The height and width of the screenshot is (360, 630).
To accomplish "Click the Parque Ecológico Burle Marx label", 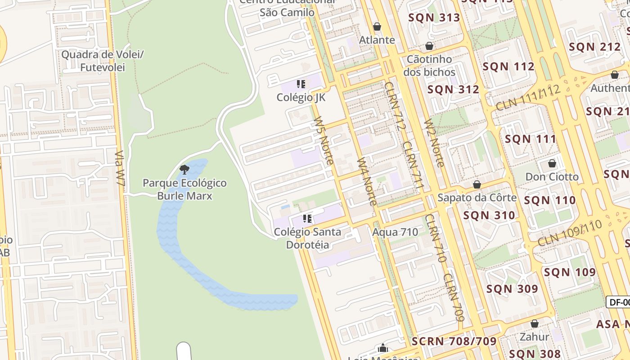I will tap(184, 189).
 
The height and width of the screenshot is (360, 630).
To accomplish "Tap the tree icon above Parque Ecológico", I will tap(184, 170).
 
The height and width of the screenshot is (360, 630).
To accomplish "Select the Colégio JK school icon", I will tap(301, 84).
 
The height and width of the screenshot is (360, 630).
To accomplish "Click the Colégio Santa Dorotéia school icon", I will tap(307, 219).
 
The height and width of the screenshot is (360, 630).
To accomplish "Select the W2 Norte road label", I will tap(434, 143).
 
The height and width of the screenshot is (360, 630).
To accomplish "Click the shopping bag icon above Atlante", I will tap(377, 27).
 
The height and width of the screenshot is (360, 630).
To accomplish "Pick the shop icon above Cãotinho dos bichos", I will tap(429, 46).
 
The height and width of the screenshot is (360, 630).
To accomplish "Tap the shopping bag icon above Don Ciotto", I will tap(552, 163).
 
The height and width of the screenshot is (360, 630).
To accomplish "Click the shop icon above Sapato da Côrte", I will tap(477, 184).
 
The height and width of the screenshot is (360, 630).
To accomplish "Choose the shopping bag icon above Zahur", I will tap(535, 324).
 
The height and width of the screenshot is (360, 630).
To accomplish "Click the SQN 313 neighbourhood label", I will tap(434, 18).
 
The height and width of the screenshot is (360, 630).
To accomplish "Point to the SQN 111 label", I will tap(531, 139).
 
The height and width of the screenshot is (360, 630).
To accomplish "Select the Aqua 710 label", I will tap(395, 232).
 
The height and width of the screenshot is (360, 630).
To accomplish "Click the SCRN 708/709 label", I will tap(454, 341).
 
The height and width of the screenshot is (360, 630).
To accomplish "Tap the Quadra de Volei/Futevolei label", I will tap(102, 61).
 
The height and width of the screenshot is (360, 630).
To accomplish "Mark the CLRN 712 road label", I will tap(396, 105).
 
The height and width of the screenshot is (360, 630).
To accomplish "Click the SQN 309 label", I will tap(512, 288).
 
